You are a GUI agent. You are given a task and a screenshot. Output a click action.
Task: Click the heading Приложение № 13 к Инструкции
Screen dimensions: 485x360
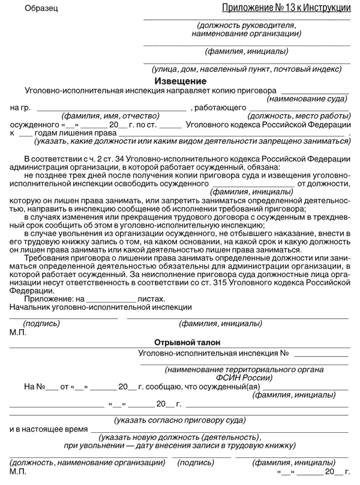[x=286, y=8]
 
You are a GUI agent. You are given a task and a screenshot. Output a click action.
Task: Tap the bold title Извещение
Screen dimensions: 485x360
[x=180, y=81]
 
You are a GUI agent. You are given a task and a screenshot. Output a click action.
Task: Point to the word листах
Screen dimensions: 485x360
[x=151, y=298]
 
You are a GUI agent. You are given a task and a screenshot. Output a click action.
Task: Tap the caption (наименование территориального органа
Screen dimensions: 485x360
[x=244, y=370]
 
